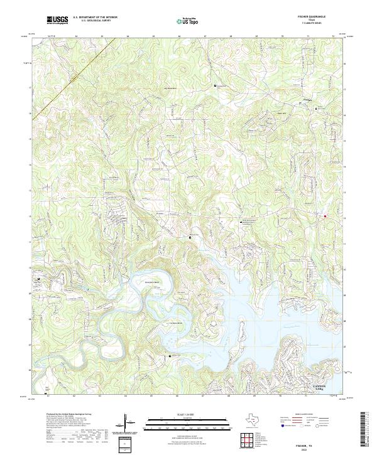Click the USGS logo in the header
click(x=57, y=20)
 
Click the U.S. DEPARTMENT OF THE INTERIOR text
click(x=95, y=18)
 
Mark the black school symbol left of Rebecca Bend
click(x=39, y=278)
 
